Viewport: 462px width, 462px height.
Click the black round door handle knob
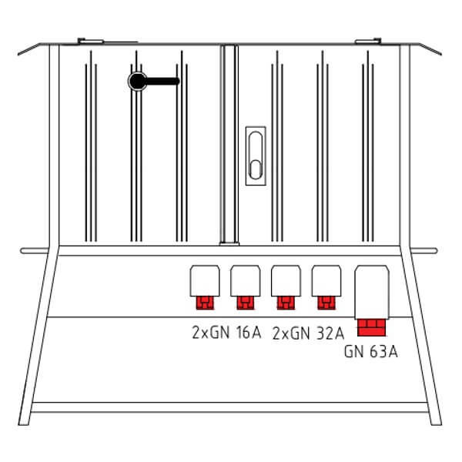pyautogui.click(x=138, y=82)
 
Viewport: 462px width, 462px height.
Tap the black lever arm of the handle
pyautogui.click(x=162, y=82)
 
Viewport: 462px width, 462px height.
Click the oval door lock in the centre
pyautogui.click(x=256, y=156)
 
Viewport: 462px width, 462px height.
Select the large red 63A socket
pyautogui.click(x=371, y=328)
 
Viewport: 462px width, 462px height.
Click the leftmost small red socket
pyautogui.click(x=205, y=303)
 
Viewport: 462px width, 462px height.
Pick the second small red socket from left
pyautogui.click(x=246, y=303)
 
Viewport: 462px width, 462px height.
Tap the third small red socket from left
pyautogui.click(x=286, y=303)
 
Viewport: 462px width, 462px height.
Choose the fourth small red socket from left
pyautogui.click(x=326, y=303)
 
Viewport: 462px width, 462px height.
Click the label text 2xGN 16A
pyautogui.click(x=226, y=333)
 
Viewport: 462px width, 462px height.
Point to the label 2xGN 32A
pyautogui.click(x=308, y=333)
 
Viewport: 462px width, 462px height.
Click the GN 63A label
pyautogui.click(x=371, y=352)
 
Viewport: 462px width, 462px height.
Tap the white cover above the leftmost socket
pyautogui.click(x=205, y=281)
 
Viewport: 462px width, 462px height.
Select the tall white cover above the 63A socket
pyautogui.click(x=372, y=293)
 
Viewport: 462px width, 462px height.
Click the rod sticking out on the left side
pyautogui.click(x=35, y=251)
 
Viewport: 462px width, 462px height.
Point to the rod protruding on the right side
pyautogui.click(x=424, y=251)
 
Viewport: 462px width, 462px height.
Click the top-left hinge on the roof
pyautogui.click(x=90, y=41)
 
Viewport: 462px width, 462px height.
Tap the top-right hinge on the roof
pyautogui.click(x=368, y=41)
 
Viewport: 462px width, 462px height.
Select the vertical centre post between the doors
pyautogui.click(x=229, y=145)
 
